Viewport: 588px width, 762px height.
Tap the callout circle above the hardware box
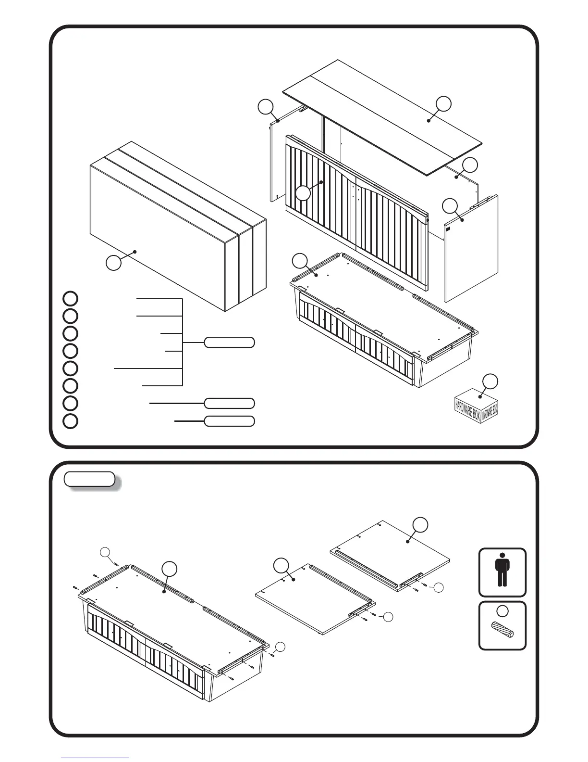[490, 381]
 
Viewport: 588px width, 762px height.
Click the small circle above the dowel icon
[502, 611]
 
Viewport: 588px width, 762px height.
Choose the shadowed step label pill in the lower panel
[90, 479]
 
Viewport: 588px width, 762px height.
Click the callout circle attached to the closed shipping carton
[114, 263]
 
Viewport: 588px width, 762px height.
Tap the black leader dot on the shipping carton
[136, 251]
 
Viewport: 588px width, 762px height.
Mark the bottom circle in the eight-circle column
[71, 420]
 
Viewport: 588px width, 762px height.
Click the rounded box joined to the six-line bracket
[229, 343]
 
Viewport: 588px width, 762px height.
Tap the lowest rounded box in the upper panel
[229, 421]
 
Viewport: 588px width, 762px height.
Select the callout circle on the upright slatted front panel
[303, 194]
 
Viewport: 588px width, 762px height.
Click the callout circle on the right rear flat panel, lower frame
[421, 525]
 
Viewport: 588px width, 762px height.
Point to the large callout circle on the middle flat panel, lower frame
[281, 566]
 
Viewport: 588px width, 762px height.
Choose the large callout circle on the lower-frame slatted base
[169, 569]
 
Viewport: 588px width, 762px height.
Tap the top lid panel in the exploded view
[384, 120]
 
